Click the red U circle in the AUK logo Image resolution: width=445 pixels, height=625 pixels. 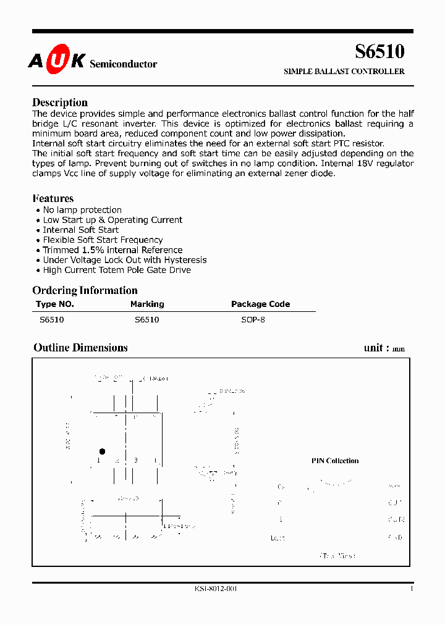(x=59, y=62)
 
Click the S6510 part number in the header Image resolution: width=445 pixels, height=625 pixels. (x=379, y=52)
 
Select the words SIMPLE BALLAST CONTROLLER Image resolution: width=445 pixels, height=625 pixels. (x=344, y=72)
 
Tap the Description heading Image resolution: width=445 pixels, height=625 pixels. (x=60, y=103)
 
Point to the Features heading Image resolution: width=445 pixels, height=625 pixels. (x=53, y=198)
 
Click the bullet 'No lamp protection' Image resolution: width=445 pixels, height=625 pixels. (x=82, y=210)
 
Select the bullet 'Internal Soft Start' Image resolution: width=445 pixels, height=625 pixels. (x=80, y=230)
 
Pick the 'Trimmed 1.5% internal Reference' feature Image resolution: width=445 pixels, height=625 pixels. (x=112, y=250)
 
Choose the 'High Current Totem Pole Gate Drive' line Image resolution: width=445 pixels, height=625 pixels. (x=117, y=270)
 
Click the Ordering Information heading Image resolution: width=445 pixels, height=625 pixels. (x=85, y=290)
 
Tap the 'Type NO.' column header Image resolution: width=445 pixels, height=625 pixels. (x=55, y=304)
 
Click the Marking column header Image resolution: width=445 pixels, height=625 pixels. (x=147, y=304)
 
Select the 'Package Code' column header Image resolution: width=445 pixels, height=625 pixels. (x=260, y=304)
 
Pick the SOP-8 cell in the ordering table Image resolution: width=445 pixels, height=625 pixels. (x=253, y=320)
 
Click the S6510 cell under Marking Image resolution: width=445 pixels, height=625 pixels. (x=146, y=320)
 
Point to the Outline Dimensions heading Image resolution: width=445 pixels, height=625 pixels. (x=80, y=348)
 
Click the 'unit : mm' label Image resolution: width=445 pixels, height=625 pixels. (x=384, y=348)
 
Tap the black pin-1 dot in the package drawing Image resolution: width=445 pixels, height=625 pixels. (x=102, y=451)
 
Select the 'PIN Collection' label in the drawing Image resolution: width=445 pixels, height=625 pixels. (x=334, y=461)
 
